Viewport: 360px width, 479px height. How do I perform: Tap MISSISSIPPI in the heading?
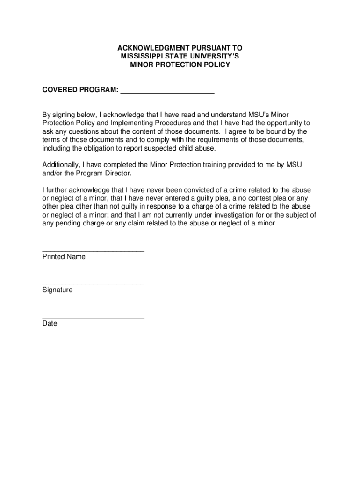tap(139, 57)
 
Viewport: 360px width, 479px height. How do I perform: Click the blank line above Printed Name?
tap(93, 250)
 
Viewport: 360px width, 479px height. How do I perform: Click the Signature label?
tap(58, 290)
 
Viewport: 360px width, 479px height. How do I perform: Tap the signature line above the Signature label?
tap(93, 283)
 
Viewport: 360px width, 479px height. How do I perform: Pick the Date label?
tap(50, 323)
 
